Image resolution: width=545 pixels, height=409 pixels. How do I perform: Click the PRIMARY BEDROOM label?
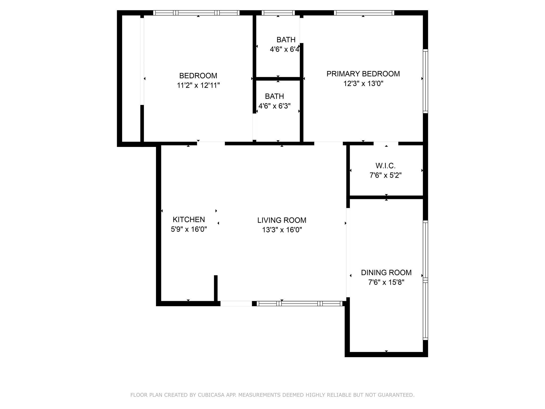[x=363, y=74]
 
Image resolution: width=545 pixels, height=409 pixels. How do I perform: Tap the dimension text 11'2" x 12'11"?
[x=198, y=85]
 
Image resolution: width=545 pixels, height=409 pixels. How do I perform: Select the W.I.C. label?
[x=385, y=166]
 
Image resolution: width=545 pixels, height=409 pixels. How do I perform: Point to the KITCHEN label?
[x=189, y=219]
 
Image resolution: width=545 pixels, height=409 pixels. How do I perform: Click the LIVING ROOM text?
[x=282, y=220]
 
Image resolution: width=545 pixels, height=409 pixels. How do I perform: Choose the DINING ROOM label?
[x=386, y=272]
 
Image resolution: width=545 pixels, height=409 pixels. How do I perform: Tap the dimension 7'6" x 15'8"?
[x=386, y=282]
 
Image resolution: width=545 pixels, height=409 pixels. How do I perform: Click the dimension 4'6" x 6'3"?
[x=274, y=106]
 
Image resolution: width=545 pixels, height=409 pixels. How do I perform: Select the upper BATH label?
[x=286, y=40]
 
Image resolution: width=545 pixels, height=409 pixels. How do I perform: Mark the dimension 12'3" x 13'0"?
[x=363, y=84]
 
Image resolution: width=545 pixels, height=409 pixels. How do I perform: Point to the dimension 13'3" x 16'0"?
[x=282, y=230]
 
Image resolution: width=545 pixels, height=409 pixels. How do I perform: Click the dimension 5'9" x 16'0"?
[x=189, y=229]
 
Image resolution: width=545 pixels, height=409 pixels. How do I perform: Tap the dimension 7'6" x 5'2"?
[x=385, y=175]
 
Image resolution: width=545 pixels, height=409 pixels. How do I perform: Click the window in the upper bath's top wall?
[x=278, y=13]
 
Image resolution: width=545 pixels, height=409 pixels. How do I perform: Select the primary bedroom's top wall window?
[x=364, y=13]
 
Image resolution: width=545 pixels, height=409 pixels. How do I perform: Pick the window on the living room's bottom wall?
[x=299, y=303]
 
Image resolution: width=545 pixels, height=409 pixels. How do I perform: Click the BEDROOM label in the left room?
[x=198, y=76]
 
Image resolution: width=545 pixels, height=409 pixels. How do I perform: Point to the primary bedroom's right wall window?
[x=425, y=81]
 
